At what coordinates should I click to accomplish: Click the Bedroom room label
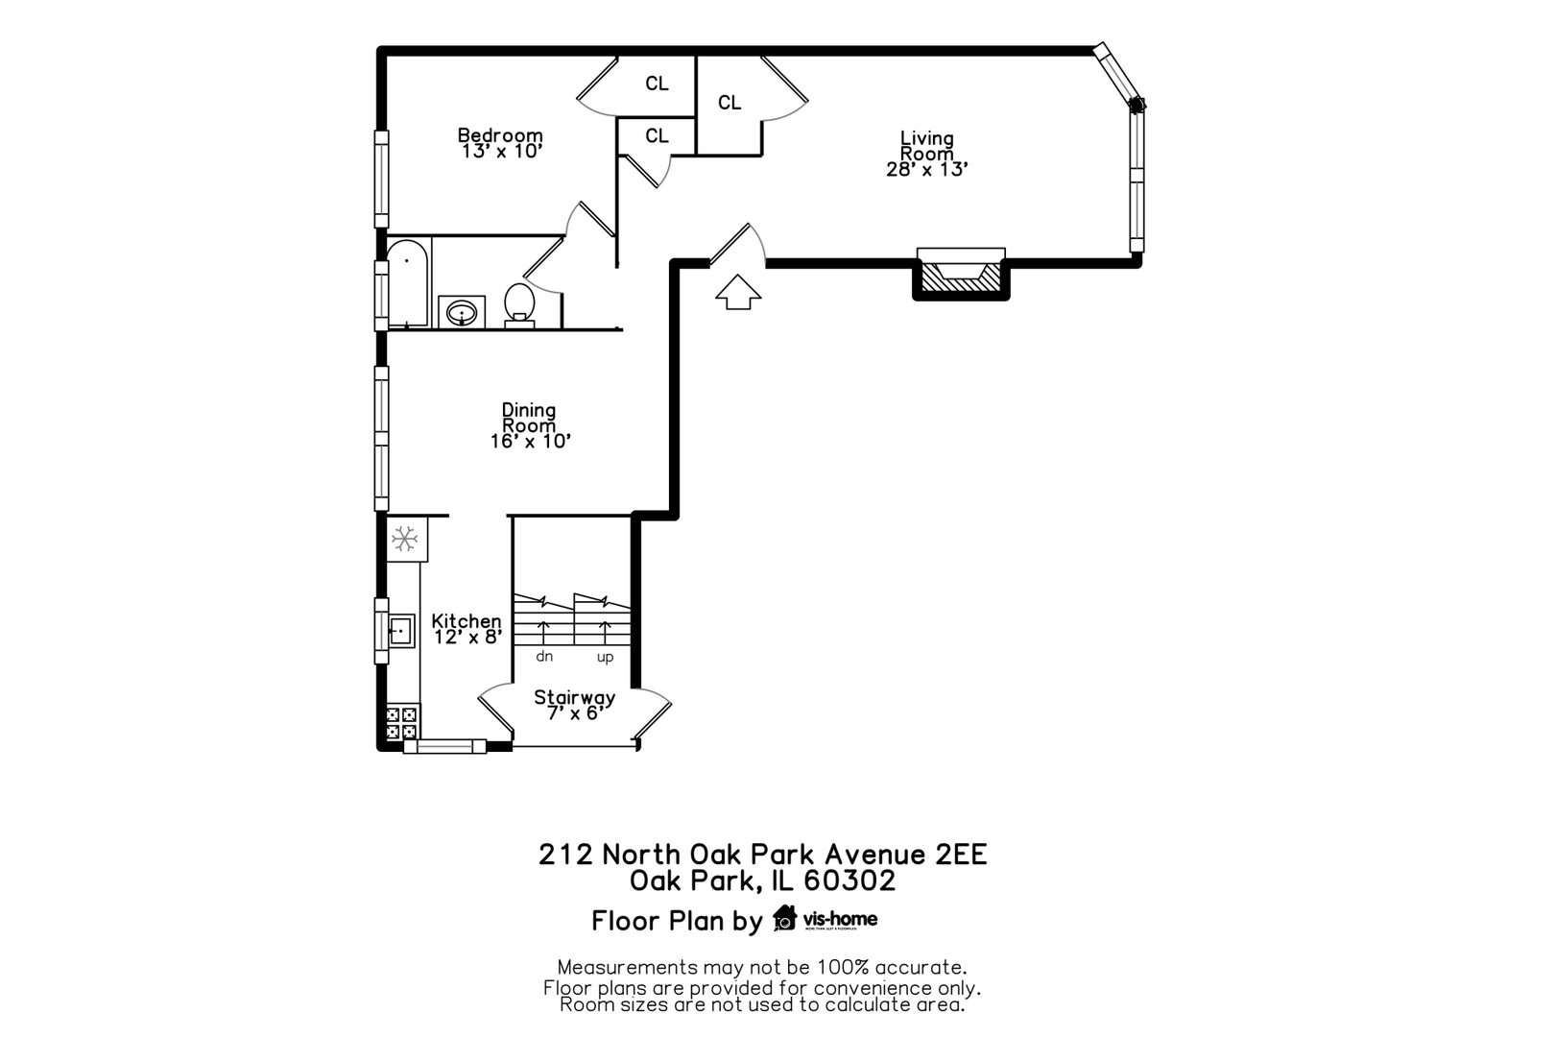tap(499, 136)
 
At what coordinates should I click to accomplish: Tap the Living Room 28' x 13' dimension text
tap(926, 170)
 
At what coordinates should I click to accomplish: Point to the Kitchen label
tap(466, 621)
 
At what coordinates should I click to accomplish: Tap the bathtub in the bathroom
tap(407, 282)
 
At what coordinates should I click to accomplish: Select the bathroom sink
tap(462, 313)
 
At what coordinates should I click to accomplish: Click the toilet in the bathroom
tap(519, 303)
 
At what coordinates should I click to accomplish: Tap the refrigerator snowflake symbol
tap(405, 539)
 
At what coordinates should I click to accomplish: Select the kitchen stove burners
tap(402, 722)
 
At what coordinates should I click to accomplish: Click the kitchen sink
tap(400, 631)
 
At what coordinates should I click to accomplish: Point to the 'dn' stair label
tap(544, 657)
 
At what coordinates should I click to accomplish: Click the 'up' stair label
tap(605, 657)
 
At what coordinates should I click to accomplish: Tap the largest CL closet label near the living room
tap(730, 103)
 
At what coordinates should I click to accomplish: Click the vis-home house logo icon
tap(785, 919)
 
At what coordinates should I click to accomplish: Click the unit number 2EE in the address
tap(961, 854)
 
